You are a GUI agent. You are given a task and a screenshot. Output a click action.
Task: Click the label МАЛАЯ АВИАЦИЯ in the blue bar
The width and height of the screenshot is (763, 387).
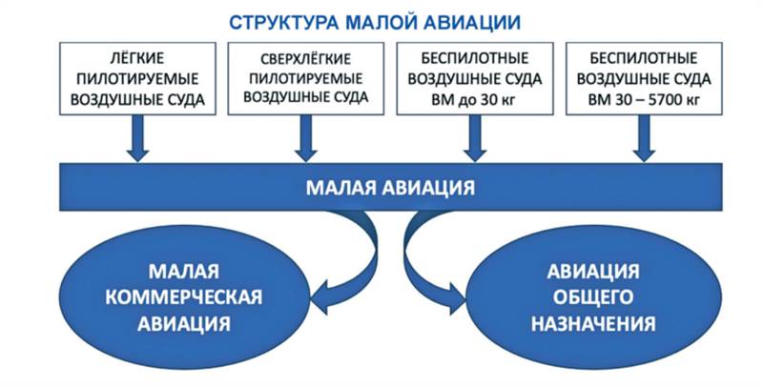(390, 187)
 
